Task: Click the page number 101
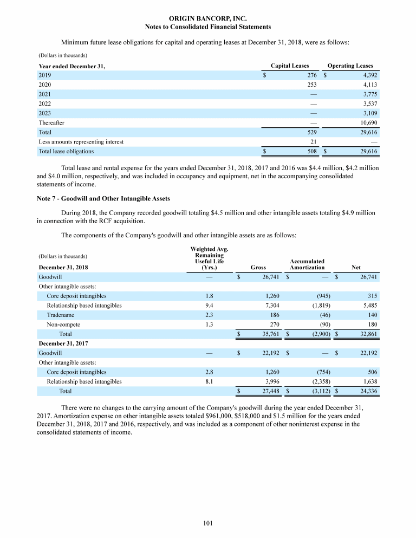click(208, 523)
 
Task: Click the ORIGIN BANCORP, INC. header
click(208, 19)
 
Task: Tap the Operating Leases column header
click(350, 66)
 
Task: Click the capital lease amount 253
click(311, 85)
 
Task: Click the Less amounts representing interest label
click(81, 142)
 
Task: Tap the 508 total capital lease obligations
click(311, 152)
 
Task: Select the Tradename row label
click(60, 315)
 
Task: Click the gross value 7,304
click(271, 306)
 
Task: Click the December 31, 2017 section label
click(62, 343)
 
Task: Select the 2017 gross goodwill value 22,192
click(269, 353)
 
